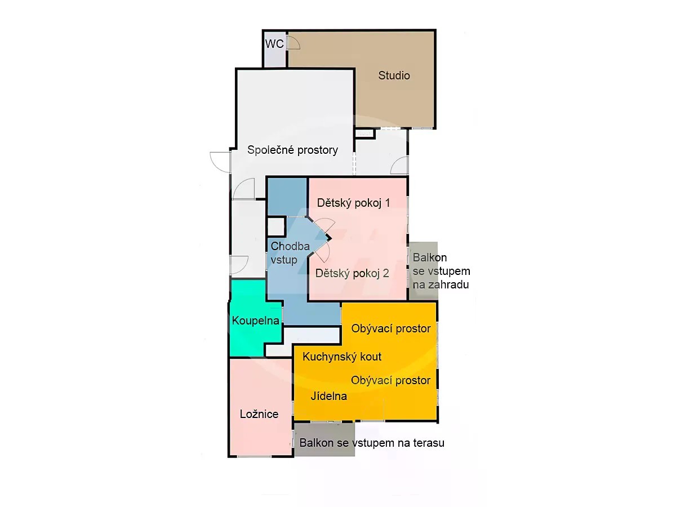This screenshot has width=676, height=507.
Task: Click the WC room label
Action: pyautogui.click(x=274, y=44)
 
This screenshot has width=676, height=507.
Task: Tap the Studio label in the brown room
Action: pyautogui.click(x=394, y=75)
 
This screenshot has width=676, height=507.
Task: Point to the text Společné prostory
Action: pyautogui.click(x=292, y=150)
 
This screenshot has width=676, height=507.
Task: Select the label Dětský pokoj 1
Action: pyautogui.click(x=354, y=203)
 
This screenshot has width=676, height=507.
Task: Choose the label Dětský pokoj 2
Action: pyautogui.click(x=352, y=273)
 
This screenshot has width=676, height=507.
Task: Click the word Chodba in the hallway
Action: pyautogui.click(x=290, y=246)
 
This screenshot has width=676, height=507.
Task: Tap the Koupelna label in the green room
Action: pyautogui.click(x=256, y=321)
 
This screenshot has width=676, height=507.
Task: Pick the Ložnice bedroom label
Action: pyautogui.click(x=259, y=414)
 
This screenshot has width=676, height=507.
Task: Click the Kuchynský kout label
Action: pyautogui.click(x=342, y=357)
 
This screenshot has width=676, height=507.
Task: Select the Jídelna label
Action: pyautogui.click(x=328, y=396)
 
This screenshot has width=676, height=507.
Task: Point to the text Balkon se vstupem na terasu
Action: pyautogui.click(x=372, y=443)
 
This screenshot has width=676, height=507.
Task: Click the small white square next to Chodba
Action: pyautogui.click(x=276, y=227)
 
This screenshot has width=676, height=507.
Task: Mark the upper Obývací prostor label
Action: pyautogui.click(x=391, y=329)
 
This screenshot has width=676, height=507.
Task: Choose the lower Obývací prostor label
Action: pyautogui.click(x=390, y=380)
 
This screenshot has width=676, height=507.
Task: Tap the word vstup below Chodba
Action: pyautogui.click(x=284, y=260)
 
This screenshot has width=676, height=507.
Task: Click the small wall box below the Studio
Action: pyautogui.click(x=364, y=134)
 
